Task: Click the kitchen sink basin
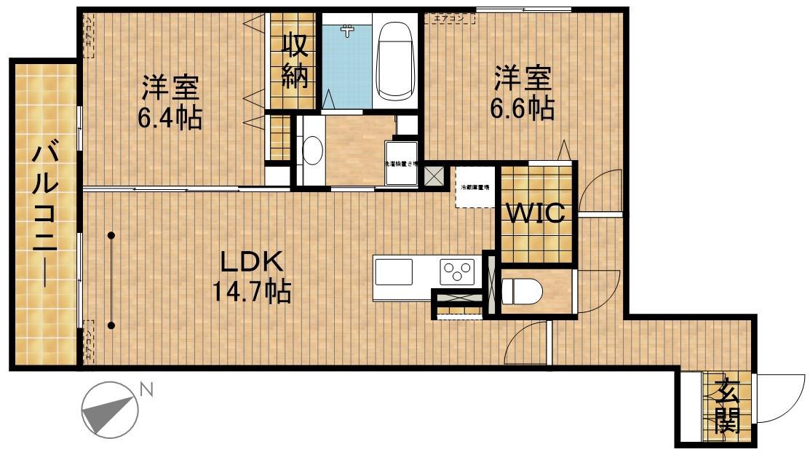pyautogui.click(x=394, y=273)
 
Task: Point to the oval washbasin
pyautogui.click(x=312, y=151)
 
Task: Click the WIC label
pyautogui.click(x=536, y=214)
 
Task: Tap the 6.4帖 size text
pyautogui.click(x=170, y=117)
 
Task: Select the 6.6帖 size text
pyautogui.click(x=522, y=108)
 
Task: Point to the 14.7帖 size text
pyautogui.click(x=251, y=293)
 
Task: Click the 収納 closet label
pyautogui.click(x=295, y=62)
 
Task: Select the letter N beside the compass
pyautogui.click(x=146, y=391)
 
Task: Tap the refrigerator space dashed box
pyautogui.click(x=475, y=188)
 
